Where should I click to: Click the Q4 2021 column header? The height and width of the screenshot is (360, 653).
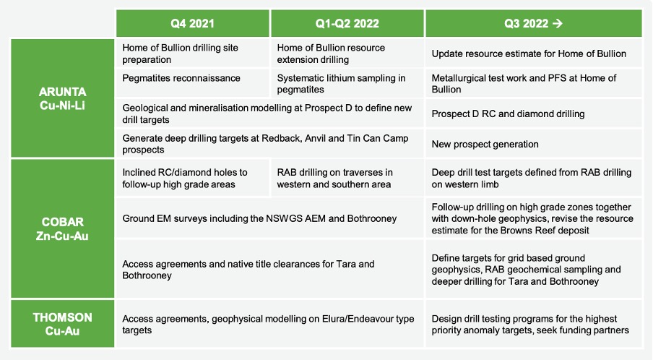pos(192,23)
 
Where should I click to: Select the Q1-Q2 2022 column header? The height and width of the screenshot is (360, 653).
pos(347,23)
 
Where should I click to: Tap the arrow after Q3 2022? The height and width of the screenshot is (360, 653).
pos(557,23)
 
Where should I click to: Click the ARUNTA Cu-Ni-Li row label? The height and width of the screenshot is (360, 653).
pos(62,98)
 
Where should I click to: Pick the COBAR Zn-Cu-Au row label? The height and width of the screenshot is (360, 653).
pos(62,228)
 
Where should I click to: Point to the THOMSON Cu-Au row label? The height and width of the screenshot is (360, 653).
pos(62,324)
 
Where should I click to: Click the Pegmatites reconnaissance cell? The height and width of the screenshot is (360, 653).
pos(192,83)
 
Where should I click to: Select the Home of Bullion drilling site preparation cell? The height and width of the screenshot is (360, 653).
pos(192,53)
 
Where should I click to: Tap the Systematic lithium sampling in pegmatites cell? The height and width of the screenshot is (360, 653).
pos(347,83)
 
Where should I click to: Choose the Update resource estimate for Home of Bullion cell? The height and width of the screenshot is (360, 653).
pos(534,53)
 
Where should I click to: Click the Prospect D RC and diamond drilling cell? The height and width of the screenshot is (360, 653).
pos(534,113)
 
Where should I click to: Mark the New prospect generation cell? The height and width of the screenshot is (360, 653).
pos(534,144)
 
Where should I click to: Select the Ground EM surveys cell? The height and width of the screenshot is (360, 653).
pos(270,218)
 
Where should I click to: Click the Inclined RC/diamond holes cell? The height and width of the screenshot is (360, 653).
pos(192,178)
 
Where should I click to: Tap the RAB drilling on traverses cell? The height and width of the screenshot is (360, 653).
pos(347,178)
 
